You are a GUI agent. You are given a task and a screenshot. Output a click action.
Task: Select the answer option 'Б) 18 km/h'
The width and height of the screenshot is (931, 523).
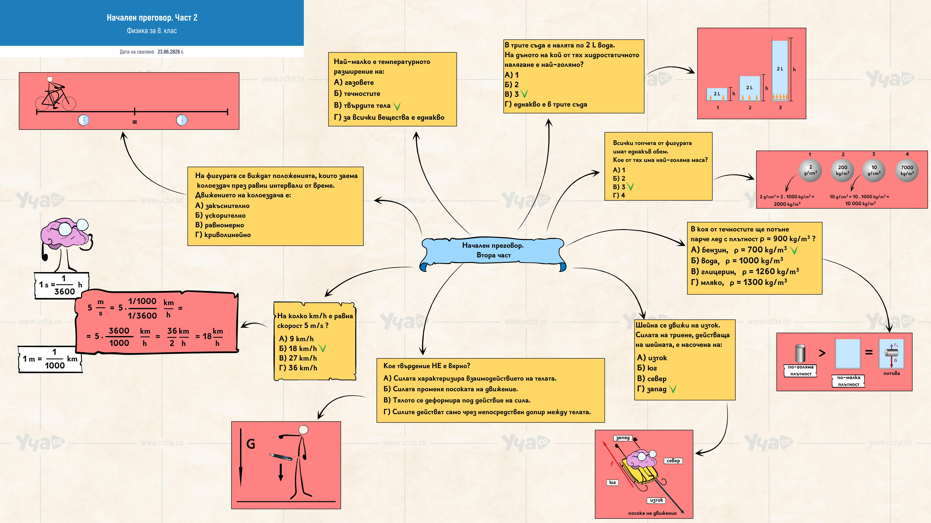[x=298, y=348]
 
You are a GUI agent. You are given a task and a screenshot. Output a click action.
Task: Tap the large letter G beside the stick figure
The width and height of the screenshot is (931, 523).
[x=250, y=444]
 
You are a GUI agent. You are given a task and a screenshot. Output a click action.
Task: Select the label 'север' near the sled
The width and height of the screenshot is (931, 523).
[x=673, y=461]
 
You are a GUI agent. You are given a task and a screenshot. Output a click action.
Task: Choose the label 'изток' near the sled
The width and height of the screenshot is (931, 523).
[x=656, y=500]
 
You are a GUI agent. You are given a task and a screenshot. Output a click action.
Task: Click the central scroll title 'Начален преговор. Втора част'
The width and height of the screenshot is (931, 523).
[x=493, y=250]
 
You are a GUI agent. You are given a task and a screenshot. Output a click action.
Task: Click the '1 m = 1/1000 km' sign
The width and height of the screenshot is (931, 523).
[x=50, y=359]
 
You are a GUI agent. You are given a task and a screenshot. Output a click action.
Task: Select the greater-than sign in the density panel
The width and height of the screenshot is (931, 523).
[x=822, y=353]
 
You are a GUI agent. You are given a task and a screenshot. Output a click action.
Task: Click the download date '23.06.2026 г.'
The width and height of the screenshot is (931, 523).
[x=171, y=52]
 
